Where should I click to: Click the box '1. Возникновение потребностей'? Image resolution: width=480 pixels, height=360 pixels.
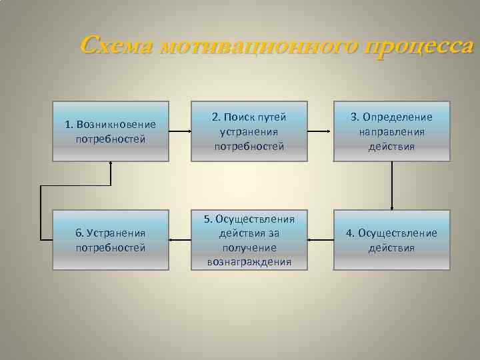click(111, 131)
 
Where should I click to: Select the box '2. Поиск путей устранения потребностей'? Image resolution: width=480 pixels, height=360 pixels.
click(249, 131)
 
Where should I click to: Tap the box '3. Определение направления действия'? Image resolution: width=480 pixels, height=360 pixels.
click(392, 131)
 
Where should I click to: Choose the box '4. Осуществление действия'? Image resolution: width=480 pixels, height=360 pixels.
click(392, 240)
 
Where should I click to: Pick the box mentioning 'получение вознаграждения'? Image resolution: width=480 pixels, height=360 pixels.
click(249, 240)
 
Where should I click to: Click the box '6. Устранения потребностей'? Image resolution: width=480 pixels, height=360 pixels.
click(111, 240)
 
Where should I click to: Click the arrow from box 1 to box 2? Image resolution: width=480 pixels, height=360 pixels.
click(180, 131)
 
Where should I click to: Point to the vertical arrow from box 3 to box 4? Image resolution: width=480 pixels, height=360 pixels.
click(392, 185)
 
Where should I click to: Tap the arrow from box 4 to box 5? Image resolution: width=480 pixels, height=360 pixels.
click(321, 239)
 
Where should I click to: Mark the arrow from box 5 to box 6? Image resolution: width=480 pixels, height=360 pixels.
click(180, 239)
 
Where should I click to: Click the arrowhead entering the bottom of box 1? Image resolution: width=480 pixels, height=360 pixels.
click(111, 165)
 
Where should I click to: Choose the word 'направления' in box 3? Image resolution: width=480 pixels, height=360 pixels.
click(392, 131)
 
